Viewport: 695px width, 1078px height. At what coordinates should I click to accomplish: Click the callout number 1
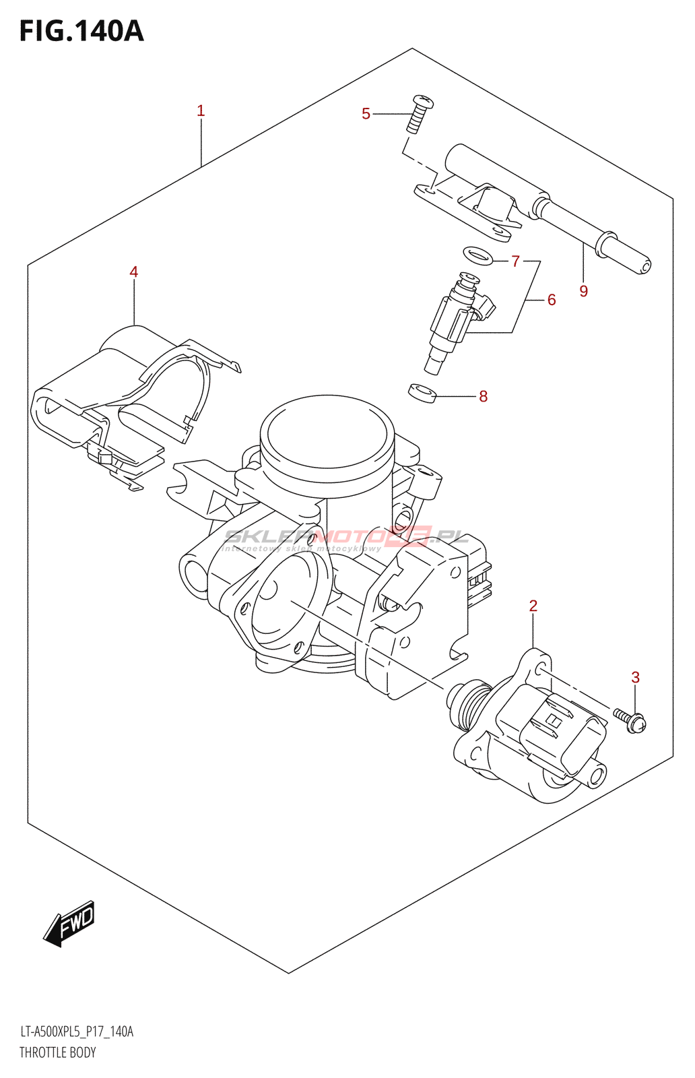click(201, 111)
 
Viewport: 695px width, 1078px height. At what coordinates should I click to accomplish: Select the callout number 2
click(533, 606)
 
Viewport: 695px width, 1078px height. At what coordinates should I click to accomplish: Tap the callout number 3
click(635, 678)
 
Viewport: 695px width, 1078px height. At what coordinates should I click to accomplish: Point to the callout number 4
click(134, 272)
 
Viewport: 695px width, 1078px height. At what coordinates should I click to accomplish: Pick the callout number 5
click(366, 114)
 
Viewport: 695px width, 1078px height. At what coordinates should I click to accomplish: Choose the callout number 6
click(552, 300)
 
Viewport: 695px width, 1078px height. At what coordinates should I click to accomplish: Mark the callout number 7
click(516, 261)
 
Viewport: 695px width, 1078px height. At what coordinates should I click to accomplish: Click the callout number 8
click(483, 397)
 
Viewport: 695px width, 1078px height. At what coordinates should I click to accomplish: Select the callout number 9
click(584, 291)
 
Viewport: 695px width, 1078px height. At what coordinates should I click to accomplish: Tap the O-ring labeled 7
click(477, 255)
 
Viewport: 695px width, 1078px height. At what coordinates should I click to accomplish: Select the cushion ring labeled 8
click(422, 392)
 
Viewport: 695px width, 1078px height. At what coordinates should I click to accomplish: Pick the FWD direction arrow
click(70, 923)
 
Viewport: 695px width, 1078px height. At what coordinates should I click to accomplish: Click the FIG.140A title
click(81, 31)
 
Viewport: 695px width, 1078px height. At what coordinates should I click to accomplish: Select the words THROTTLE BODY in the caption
click(58, 1052)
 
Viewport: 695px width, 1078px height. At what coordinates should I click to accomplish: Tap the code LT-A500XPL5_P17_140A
click(77, 1032)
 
